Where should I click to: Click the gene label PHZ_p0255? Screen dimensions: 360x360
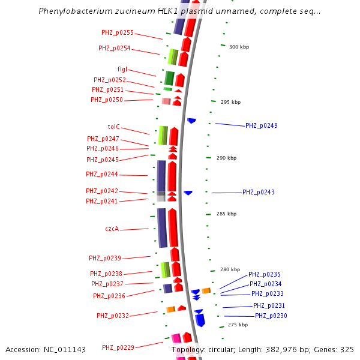(x=118, y=32)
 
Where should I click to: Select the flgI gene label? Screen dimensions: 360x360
(x=122, y=70)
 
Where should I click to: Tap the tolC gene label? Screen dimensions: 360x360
(x=114, y=127)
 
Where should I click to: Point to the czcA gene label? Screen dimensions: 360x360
(x=112, y=229)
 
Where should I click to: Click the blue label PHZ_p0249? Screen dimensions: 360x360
(x=262, y=125)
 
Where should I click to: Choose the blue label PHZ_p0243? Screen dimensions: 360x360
(x=259, y=192)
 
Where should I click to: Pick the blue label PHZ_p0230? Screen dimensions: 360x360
(x=271, y=316)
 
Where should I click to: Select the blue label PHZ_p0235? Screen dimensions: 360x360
(x=265, y=274)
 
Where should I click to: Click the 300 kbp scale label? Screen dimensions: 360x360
(x=239, y=47)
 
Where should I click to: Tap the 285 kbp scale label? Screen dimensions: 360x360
(x=226, y=214)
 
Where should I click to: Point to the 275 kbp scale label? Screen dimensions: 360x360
(x=238, y=325)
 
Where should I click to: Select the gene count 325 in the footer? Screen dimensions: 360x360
(x=347, y=349)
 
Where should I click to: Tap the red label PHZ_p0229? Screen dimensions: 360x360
(x=118, y=347)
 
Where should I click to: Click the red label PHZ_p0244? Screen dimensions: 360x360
(x=102, y=174)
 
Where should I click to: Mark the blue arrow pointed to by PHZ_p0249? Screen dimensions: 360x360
(x=191, y=121)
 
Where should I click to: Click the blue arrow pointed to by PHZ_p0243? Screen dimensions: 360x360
(x=188, y=193)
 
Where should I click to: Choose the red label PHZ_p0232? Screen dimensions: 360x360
(x=113, y=316)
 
